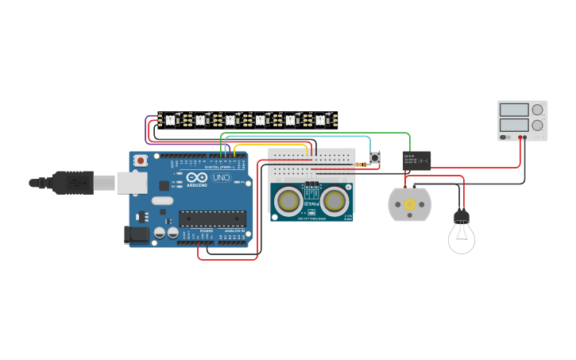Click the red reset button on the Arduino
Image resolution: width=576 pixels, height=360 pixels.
[141, 161]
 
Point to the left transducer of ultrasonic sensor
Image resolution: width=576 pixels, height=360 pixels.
[288, 202]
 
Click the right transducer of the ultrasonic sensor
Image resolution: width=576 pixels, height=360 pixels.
[335, 202]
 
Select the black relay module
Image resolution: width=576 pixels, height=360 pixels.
[417, 161]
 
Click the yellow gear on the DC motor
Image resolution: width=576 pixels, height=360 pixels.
[410, 205]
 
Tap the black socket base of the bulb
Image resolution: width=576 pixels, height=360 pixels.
[461, 215]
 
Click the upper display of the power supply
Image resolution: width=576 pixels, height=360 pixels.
[513, 109]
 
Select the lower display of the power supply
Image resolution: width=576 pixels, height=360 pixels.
[513, 125]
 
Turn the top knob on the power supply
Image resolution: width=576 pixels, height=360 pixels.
[537, 109]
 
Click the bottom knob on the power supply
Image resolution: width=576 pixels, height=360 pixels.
[537, 125]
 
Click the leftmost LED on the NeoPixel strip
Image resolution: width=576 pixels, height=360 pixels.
[170, 120]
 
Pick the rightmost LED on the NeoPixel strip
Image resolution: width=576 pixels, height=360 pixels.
[321, 120]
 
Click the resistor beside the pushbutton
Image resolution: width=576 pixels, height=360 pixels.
[362, 165]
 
